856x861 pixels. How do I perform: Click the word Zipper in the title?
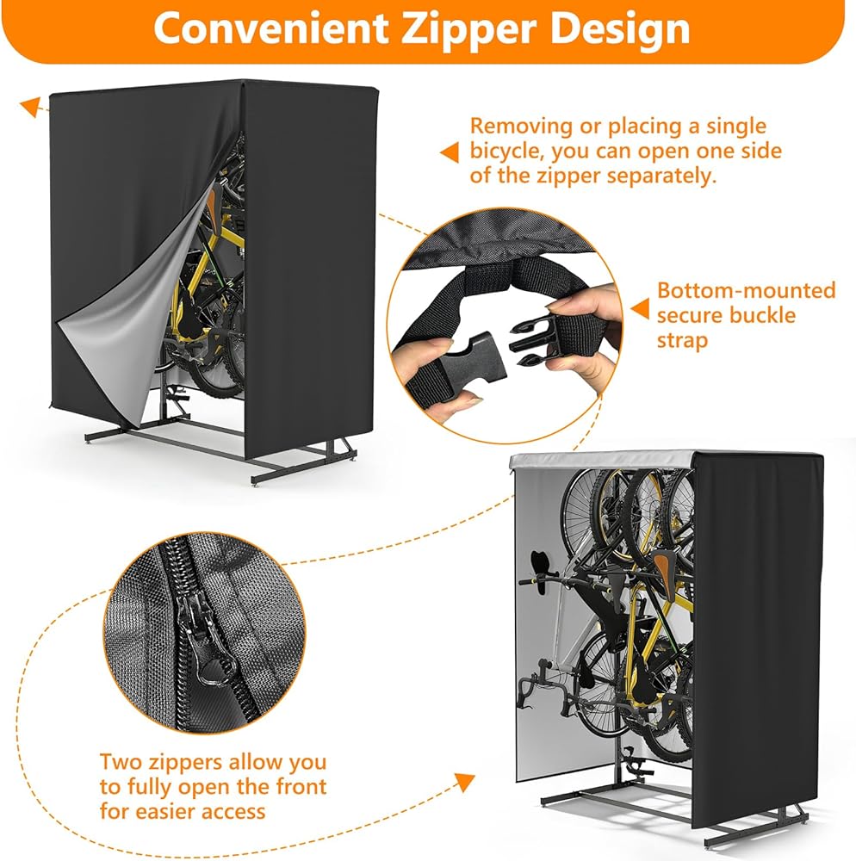click(x=455, y=28)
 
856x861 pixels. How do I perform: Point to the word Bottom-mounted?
click(x=746, y=290)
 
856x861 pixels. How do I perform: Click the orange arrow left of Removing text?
click(x=449, y=152)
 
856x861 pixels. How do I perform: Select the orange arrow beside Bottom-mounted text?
click(x=639, y=307)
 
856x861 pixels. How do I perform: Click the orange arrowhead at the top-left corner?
click(x=32, y=106)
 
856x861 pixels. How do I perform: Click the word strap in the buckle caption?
click(x=682, y=340)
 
